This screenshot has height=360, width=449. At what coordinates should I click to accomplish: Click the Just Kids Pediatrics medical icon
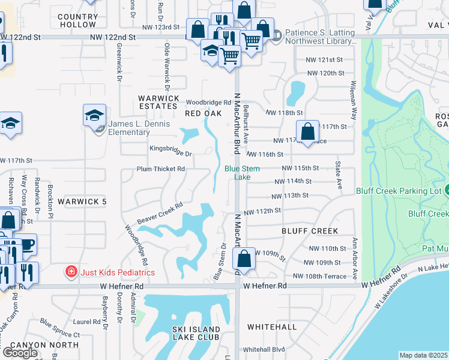click(71, 272)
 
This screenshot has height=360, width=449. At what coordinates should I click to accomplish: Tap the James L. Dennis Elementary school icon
click(94, 115)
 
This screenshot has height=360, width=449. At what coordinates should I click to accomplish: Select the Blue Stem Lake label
click(242, 173)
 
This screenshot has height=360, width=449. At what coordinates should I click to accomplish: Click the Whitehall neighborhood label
click(272, 327)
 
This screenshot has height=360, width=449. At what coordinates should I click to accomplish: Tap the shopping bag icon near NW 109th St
click(244, 259)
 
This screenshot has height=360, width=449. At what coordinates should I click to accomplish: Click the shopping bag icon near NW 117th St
click(307, 131)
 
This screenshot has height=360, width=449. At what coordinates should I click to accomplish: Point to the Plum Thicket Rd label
click(161, 169)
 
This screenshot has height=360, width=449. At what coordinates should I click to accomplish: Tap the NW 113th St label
click(289, 196)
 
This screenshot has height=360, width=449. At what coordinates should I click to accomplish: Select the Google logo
click(20, 353)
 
